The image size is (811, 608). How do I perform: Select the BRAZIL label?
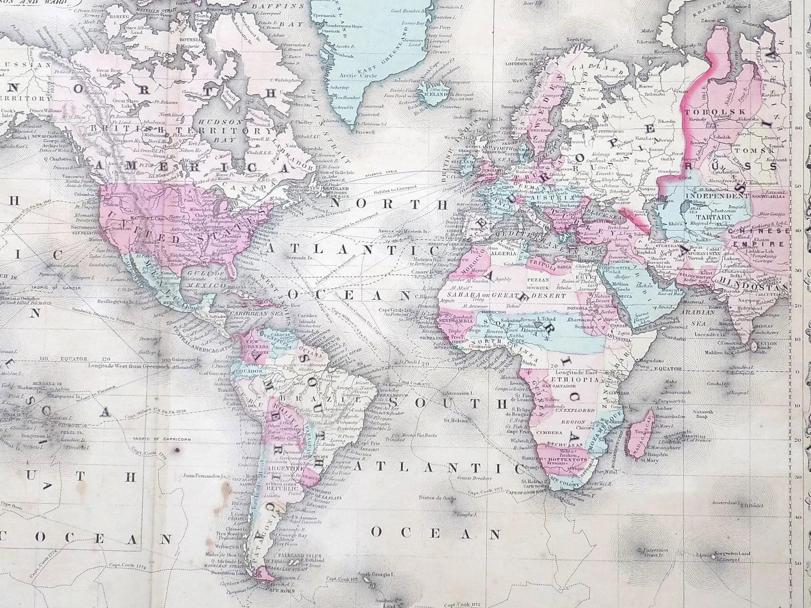332,399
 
